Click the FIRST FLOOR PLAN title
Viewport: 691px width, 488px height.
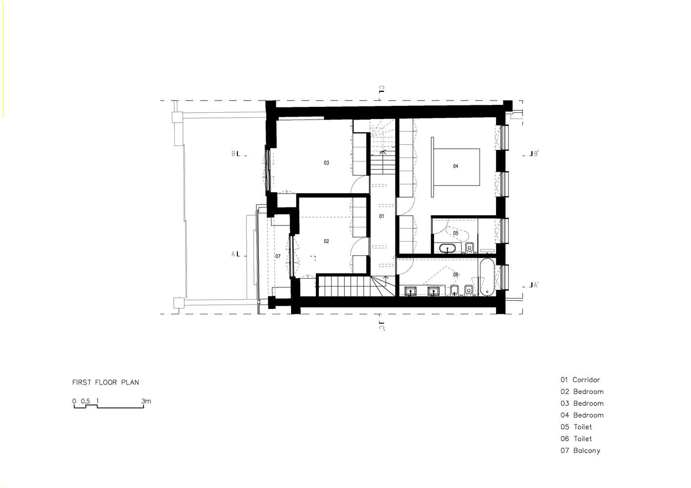coord(105,382)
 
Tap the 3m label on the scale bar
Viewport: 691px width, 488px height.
coord(146,401)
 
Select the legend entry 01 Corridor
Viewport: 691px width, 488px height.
coord(580,380)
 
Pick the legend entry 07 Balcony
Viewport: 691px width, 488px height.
coord(580,451)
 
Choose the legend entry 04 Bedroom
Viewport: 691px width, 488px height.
coord(582,415)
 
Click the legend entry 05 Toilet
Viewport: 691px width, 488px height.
coord(576,427)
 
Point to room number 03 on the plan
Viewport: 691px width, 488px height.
coord(326,163)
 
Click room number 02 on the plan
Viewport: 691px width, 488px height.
coord(326,241)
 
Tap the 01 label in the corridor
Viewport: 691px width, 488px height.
coord(381,216)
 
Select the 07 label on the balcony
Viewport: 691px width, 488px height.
coord(278,256)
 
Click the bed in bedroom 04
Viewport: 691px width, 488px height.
coord(456,167)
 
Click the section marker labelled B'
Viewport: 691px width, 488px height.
coord(534,154)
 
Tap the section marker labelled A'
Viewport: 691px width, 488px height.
coord(534,285)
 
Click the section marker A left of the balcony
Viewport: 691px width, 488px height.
coord(236,254)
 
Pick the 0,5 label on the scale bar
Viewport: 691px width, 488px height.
coord(85,401)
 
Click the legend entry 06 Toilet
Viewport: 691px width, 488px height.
coord(576,439)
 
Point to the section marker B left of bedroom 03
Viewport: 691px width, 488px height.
coord(236,154)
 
